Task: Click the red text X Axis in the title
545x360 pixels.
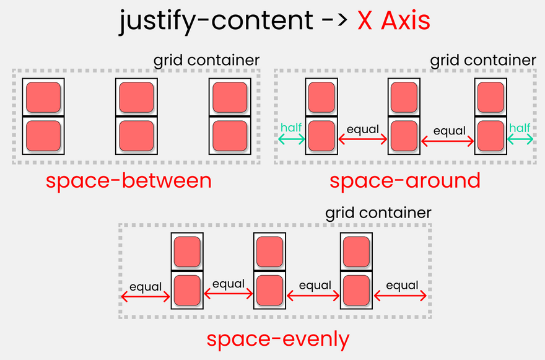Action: tap(393, 22)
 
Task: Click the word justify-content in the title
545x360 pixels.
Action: tap(216, 22)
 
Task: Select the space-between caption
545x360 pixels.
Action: tap(128, 181)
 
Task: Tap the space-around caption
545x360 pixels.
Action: tap(404, 181)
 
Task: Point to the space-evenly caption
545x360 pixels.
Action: tap(278, 340)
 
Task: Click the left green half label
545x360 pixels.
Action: tap(291, 128)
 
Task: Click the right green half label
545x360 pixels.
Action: tap(520, 128)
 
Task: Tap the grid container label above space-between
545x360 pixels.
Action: tap(206, 60)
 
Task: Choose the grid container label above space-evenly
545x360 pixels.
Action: tap(378, 213)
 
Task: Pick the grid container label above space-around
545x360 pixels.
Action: tap(483, 60)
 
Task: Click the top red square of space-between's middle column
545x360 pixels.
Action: tap(136, 97)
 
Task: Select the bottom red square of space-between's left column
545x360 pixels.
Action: tap(43, 136)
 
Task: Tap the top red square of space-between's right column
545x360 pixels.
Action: tap(230, 97)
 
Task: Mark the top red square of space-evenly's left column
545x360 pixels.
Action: tap(187, 252)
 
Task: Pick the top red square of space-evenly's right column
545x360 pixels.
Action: tap(357, 252)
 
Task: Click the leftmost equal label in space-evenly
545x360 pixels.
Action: tap(146, 287)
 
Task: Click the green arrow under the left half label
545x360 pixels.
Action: tap(292, 139)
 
